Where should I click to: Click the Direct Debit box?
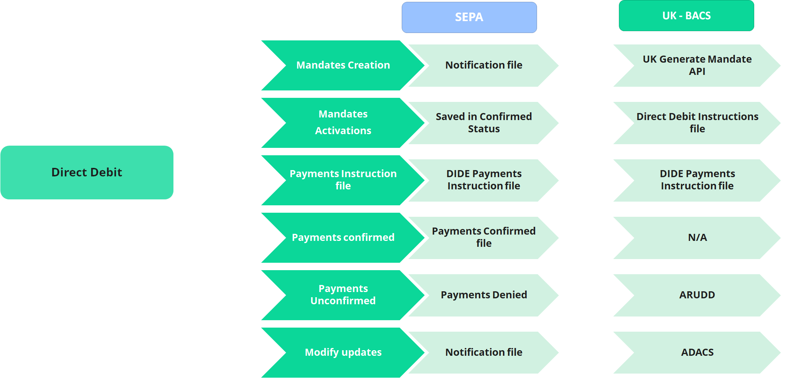point(87,172)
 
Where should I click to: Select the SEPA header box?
point(469,17)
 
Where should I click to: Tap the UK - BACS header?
point(686,16)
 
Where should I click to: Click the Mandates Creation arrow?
point(343,65)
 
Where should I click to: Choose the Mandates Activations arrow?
point(343,123)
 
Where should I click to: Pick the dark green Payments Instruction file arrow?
point(343,180)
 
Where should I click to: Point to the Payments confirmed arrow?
point(343,238)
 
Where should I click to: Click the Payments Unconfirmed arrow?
point(343,295)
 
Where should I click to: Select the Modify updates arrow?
point(343,352)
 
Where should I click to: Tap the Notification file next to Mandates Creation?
point(484,65)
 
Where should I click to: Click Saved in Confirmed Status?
point(484,123)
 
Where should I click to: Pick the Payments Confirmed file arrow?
point(484,238)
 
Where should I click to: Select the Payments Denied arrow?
point(484,295)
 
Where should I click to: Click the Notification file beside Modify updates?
point(484,352)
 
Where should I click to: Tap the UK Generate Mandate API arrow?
point(697,65)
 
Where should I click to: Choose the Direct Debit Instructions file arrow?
point(697,123)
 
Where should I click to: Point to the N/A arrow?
point(697,238)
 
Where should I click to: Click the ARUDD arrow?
point(697,295)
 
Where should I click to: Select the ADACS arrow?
point(697,352)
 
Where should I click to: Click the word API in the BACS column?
point(697,72)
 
